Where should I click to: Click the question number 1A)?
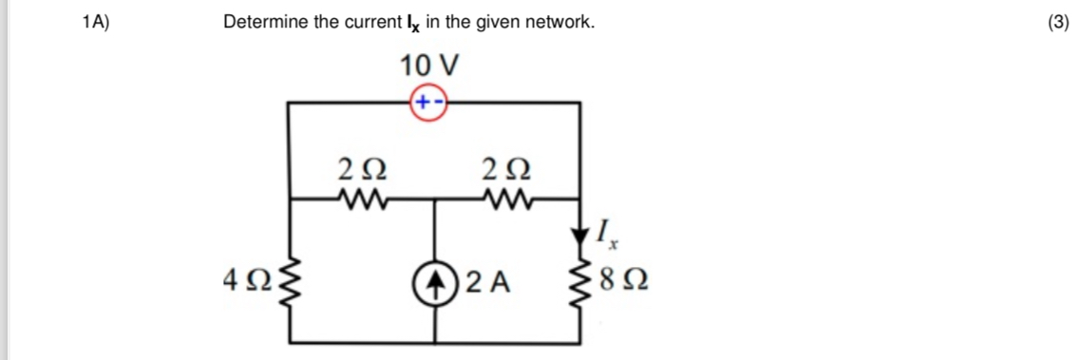(x=96, y=22)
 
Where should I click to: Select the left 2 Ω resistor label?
(x=362, y=172)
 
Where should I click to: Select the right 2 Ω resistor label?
(x=506, y=172)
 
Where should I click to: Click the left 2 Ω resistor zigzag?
(x=362, y=199)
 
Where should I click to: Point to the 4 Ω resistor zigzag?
(x=290, y=281)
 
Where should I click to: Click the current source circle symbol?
(x=435, y=281)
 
